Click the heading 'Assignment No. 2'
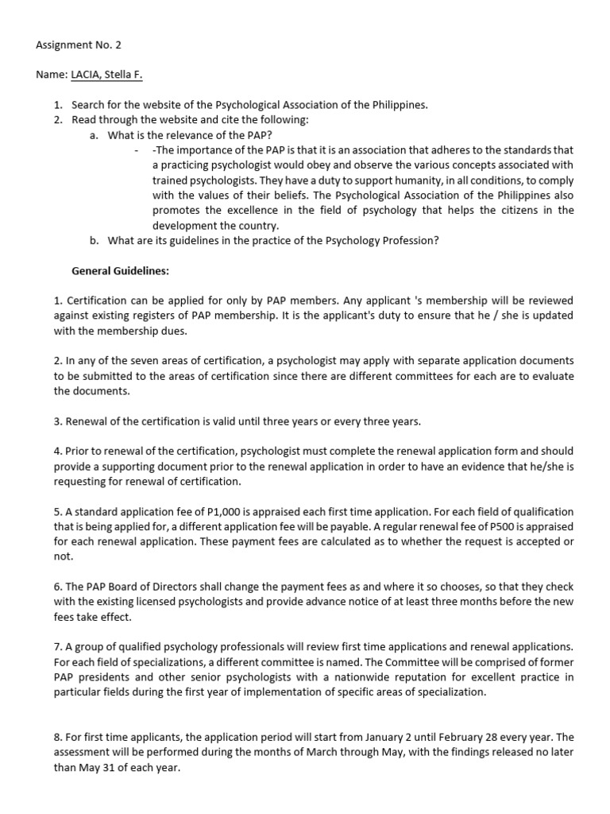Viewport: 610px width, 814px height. click(x=79, y=45)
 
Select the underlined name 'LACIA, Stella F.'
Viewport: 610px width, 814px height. click(x=107, y=75)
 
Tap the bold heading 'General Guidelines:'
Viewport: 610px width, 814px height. click(x=120, y=270)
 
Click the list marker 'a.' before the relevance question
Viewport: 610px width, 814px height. click(x=94, y=135)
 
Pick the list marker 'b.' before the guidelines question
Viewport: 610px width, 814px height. click(x=94, y=240)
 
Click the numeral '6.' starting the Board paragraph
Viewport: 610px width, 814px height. click(x=58, y=587)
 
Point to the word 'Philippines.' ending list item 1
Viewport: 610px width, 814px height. click(x=399, y=105)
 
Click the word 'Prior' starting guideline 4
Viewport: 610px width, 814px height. click(x=79, y=451)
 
